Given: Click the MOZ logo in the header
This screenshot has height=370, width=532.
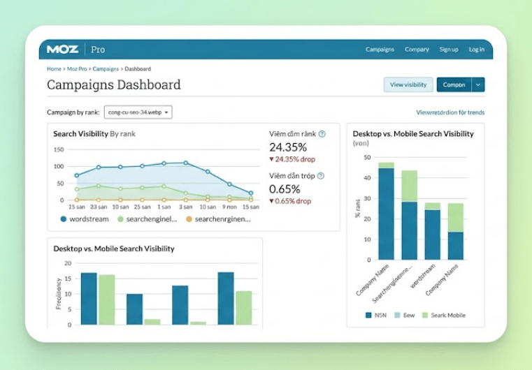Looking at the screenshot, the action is click(x=62, y=50).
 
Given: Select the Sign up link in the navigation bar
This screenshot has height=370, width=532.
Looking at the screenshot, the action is click(x=449, y=50).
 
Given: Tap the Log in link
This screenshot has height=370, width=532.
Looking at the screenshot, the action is click(x=477, y=50).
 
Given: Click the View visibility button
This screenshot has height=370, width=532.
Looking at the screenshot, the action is click(x=408, y=84).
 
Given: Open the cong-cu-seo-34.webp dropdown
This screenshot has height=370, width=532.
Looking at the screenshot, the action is click(x=138, y=112).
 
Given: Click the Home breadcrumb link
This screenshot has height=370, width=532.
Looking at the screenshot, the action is click(x=54, y=69).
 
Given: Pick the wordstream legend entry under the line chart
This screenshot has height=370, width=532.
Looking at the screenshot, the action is click(x=85, y=219).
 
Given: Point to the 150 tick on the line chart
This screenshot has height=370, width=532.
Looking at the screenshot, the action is click(x=59, y=149).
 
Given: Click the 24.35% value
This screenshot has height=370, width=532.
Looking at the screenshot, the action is click(x=288, y=147).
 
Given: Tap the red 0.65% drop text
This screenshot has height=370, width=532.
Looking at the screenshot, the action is click(x=292, y=201).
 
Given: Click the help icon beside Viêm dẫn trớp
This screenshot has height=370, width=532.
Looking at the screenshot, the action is click(x=321, y=176).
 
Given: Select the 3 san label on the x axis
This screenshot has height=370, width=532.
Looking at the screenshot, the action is click(x=185, y=207).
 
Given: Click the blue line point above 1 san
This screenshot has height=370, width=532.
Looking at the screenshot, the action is click(x=164, y=163).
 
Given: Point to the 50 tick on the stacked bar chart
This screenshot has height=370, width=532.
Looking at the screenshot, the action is click(x=367, y=157).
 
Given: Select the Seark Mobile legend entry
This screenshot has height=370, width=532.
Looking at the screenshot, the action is click(x=444, y=315).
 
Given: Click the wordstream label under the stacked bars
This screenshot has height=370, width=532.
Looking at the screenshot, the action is click(x=423, y=276).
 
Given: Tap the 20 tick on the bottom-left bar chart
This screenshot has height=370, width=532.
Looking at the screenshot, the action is click(x=68, y=263).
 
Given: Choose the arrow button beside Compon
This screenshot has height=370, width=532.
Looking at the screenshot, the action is click(x=478, y=84).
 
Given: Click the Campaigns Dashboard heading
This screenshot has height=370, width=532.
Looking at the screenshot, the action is click(x=114, y=84).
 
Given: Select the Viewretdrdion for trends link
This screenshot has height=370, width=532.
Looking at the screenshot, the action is click(x=450, y=112).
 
